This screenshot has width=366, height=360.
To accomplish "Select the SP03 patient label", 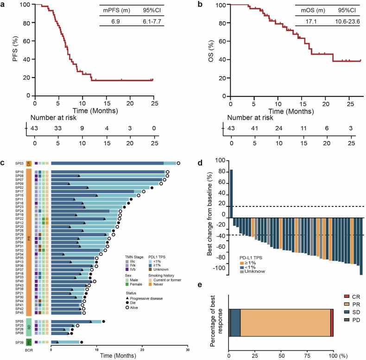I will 19,163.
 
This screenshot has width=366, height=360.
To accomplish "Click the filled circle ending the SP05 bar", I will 103,321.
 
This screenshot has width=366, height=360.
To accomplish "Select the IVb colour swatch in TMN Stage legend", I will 127,269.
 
